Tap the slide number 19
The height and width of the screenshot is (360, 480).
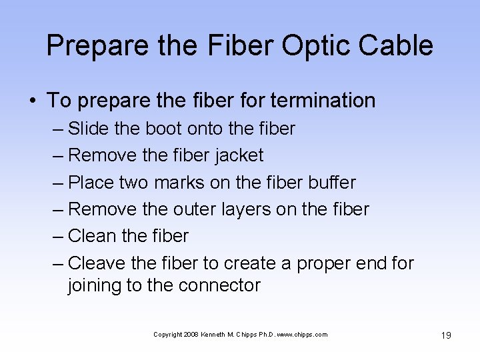[x=445, y=335]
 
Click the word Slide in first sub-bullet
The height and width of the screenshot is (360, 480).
[x=90, y=128]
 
